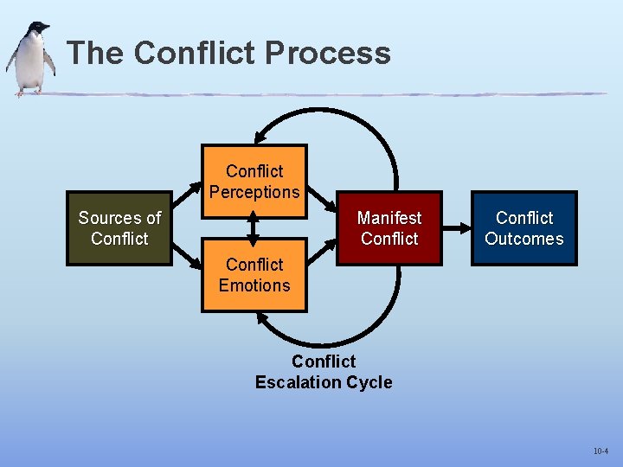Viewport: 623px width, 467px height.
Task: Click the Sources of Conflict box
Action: pos(119,228)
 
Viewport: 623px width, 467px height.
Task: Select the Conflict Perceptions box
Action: pos(254,182)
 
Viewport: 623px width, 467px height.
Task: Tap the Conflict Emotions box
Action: pos(254,275)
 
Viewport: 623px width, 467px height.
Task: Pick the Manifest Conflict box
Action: pos(389,228)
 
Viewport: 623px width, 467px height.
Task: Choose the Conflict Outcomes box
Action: pos(523,228)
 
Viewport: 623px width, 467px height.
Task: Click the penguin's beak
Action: pos(46,30)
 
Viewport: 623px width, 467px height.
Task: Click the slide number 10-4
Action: pos(600,451)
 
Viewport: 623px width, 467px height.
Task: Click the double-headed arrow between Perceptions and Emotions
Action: pos(254,228)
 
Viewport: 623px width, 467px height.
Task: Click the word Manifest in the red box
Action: pos(389,218)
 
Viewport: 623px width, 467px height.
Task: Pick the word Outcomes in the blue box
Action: pos(523,239)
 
